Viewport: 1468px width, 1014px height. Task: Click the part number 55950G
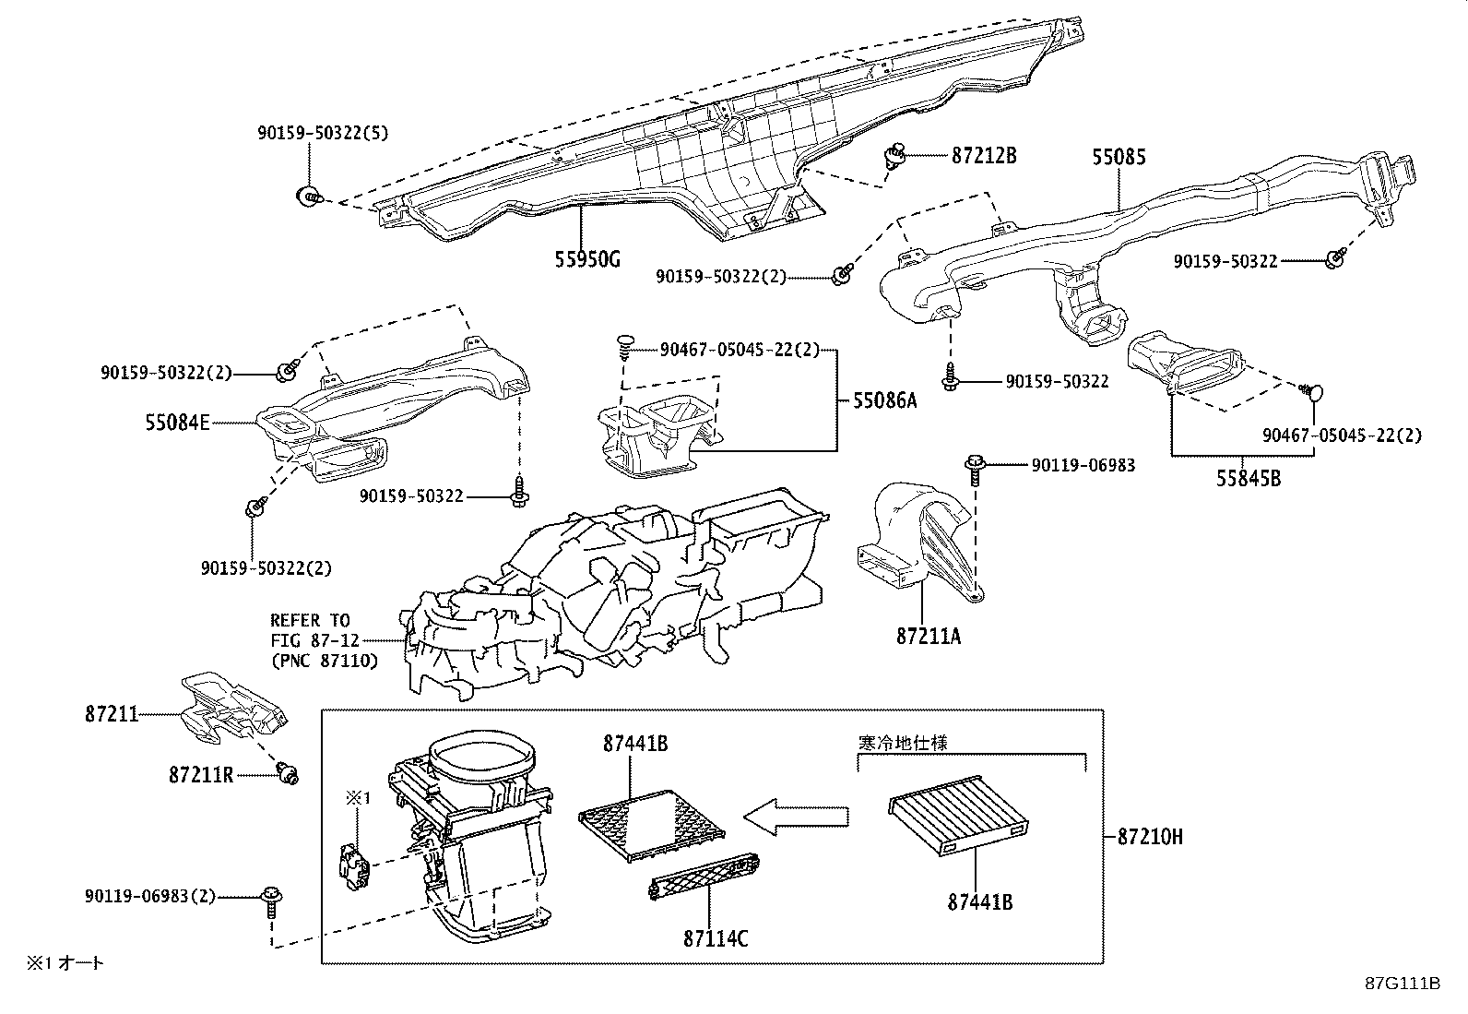point(587,259)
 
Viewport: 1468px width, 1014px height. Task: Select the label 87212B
point(983,156)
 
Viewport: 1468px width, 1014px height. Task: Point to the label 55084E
point(177,423)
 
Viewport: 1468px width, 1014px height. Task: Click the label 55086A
point(885,401)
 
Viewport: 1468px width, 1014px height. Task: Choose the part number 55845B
point(1248,478)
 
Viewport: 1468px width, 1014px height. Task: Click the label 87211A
point(928,636)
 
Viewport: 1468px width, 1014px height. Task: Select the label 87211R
point(201,775)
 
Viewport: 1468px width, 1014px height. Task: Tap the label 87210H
point(1150,837)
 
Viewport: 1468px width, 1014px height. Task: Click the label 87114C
point(716,938)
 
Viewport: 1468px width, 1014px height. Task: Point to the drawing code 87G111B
point(1403,984)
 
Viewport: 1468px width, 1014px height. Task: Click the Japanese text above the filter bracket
point(902,741)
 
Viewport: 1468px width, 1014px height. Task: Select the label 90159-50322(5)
point(323,133)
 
